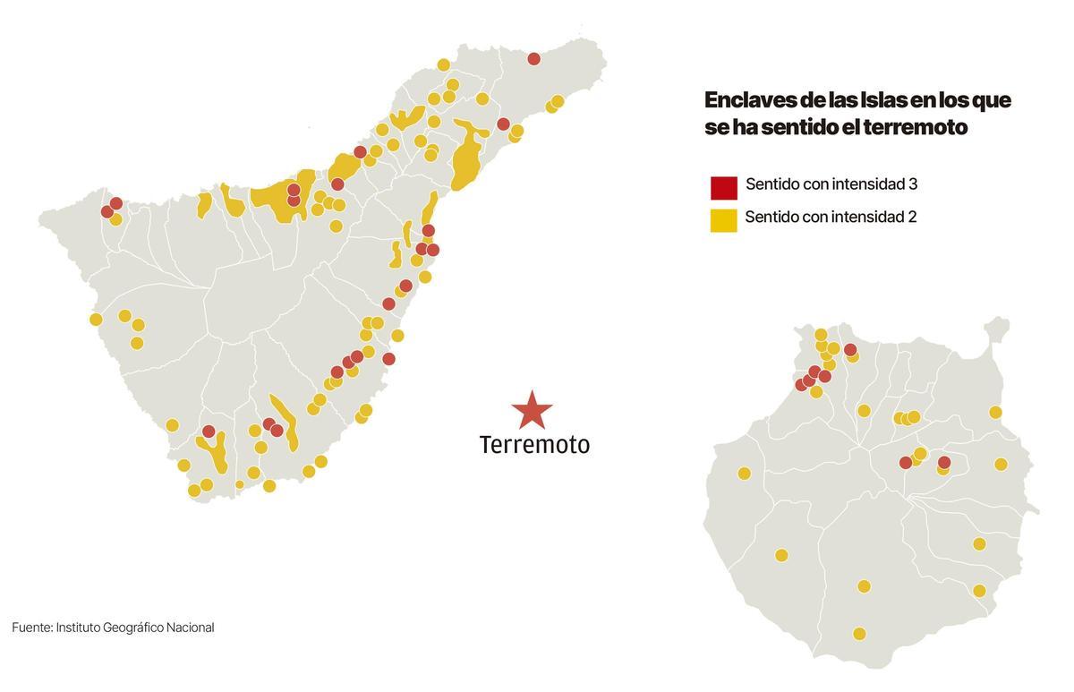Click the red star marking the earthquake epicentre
click(532, 410)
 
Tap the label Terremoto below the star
click(534, 444)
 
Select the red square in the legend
click(723, 187)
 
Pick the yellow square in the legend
click(723, 219)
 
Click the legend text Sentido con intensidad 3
click(831, 184)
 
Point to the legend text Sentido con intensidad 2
click(830, 217)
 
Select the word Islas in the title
click(883, 100)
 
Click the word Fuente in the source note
click(31, 628)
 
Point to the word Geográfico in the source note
click(140, 628)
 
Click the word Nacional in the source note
click(192, 628)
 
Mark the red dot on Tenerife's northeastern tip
click(534, 59)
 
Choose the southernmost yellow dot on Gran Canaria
click(859, 634)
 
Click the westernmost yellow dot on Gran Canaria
click(744, 474)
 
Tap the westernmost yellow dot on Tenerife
click(96, 320)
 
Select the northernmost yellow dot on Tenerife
click(443, 64)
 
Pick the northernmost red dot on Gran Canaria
click(850, 350)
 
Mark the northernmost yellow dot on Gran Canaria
click(821, 335)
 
